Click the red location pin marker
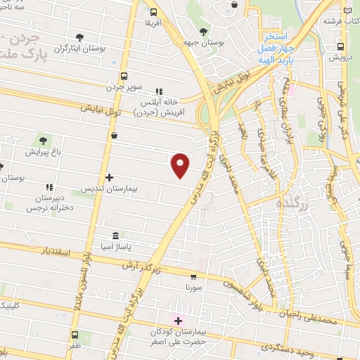pos(181,165)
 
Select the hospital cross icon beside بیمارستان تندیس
pos(108,177)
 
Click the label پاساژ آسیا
pos(115,247)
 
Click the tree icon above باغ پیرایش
pos(44,140)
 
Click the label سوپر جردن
pos(124,88)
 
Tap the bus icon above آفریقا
pos(154,11)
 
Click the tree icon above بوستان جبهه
pos(203,31)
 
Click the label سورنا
pos(193,288)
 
